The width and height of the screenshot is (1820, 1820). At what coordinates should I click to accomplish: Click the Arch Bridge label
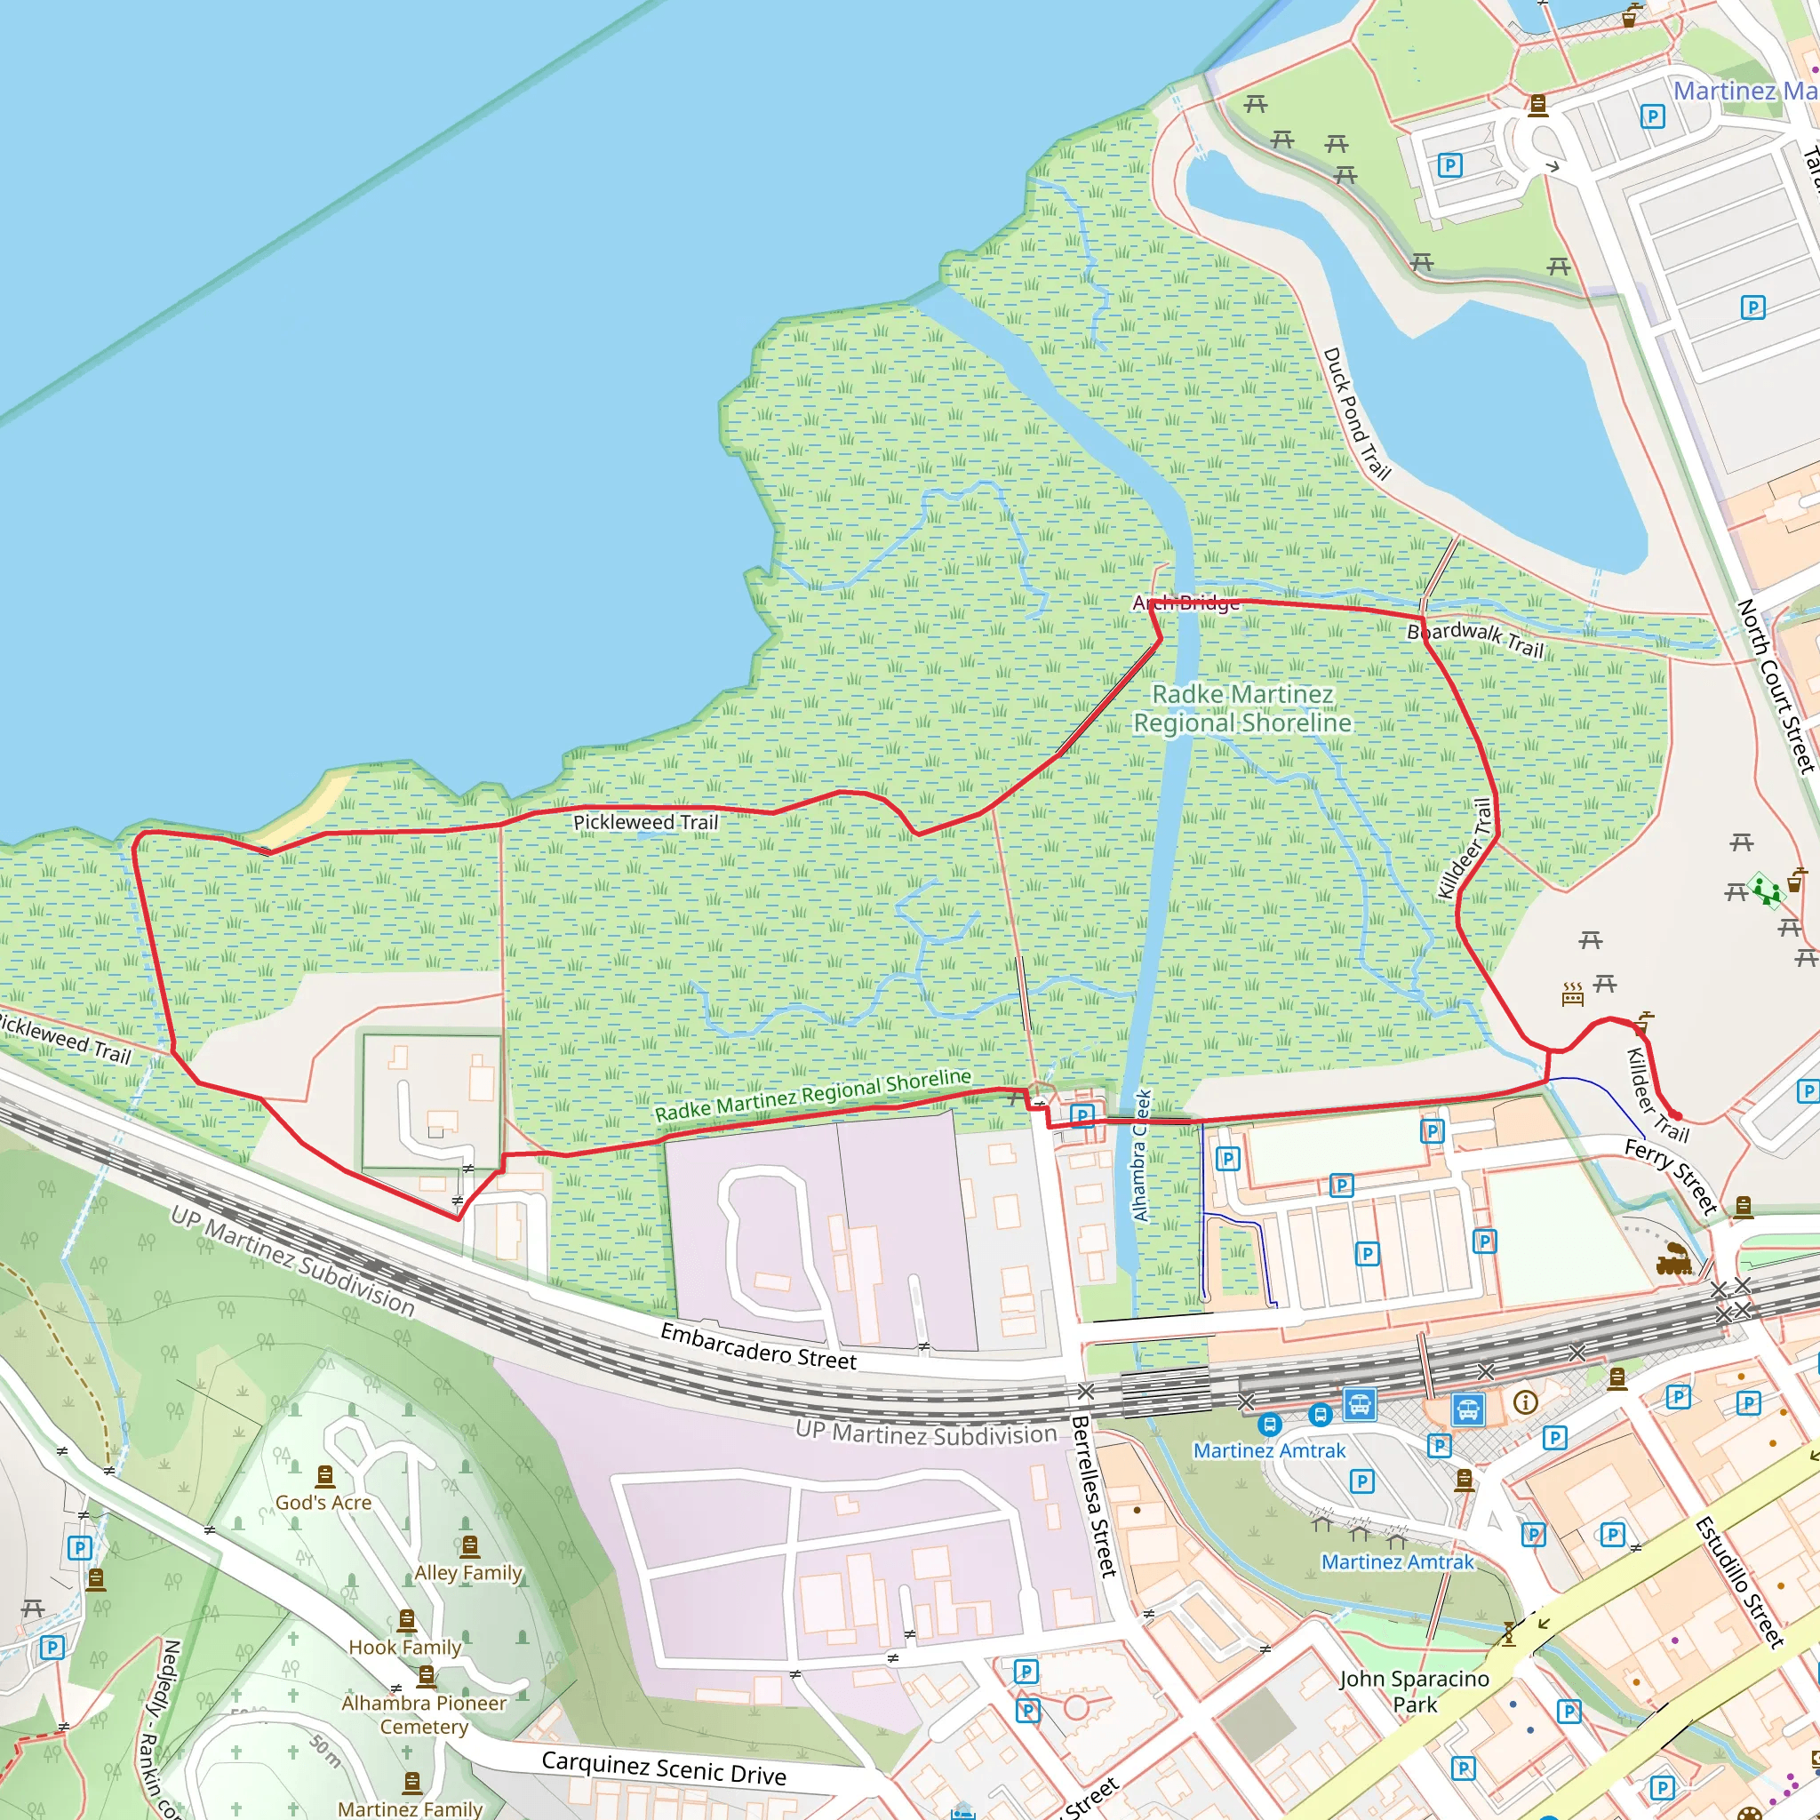1186,603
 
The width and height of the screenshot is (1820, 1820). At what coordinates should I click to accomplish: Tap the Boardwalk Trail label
1474,639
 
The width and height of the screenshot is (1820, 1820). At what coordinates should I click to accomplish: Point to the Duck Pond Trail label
1356,413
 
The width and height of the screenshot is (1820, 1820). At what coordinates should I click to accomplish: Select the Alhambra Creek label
1142,1156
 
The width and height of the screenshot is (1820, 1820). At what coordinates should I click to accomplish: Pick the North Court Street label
1776,686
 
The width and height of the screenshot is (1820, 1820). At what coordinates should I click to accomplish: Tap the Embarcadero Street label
758,1346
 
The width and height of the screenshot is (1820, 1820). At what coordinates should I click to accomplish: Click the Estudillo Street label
1739,1583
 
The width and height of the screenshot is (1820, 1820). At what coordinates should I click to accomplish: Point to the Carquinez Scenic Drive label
663,1768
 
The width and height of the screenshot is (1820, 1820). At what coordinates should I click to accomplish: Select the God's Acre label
323,1503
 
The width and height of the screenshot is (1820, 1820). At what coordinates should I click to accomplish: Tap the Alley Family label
468,1572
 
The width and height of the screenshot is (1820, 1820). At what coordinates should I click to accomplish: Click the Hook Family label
405,1648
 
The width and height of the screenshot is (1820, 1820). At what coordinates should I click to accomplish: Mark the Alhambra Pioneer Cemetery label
424,1714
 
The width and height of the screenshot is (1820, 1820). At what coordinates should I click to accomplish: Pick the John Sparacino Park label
1414,1691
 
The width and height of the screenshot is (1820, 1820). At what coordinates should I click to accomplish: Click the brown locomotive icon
1675,1259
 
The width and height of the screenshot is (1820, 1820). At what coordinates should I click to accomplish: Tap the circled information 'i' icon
1525,1402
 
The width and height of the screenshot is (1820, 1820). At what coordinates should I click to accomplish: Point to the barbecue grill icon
1572,994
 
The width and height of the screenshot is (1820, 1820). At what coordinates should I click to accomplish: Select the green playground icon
1766,890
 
